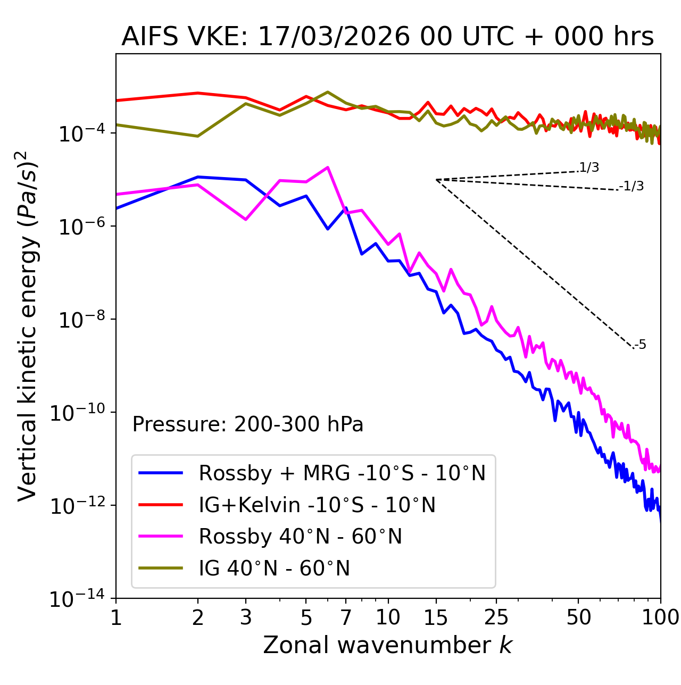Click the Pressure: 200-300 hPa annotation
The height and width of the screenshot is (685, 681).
click(248, 424)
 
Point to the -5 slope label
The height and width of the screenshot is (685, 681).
click(641, 345)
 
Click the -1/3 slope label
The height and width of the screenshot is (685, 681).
click(632, 186)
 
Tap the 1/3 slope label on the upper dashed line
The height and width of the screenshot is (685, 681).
click(589, 168)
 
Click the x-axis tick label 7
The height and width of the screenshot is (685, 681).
click(346, 617)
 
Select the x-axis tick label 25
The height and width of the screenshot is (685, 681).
click(496, 617)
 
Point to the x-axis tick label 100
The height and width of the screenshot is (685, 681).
click(660, 617)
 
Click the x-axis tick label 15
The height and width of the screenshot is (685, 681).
click(436, 617)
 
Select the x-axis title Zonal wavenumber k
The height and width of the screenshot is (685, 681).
click(387, 645)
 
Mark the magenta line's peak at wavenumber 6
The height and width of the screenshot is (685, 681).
click(328, 167)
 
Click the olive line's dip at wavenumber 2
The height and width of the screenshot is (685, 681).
click(198, 136)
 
